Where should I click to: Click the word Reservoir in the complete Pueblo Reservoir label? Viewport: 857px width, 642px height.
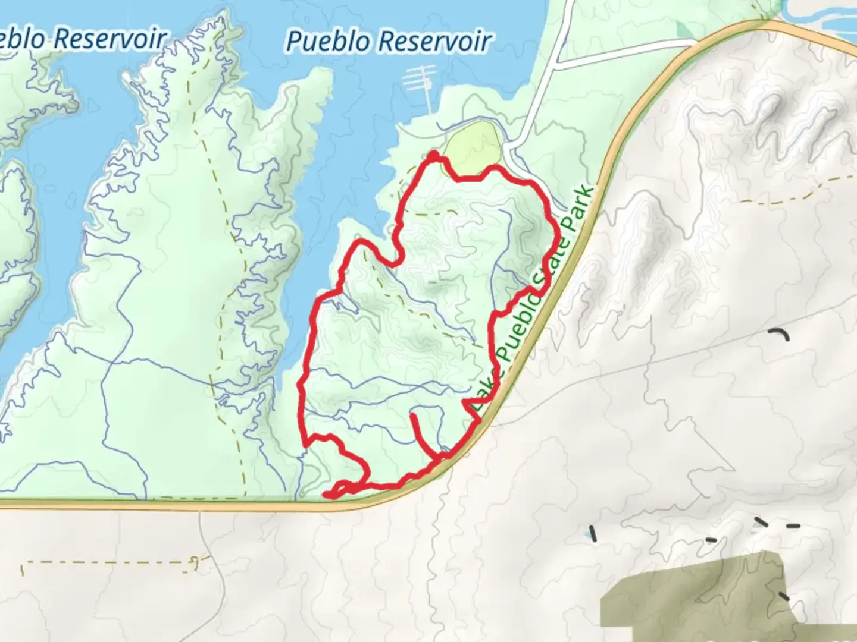[x=434, y=42]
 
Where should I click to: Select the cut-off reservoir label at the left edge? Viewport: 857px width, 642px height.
[x=83, y=39]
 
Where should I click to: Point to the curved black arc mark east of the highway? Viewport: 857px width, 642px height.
[x=780, y=334]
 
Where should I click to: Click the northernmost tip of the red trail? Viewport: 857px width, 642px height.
[x=434, y=155]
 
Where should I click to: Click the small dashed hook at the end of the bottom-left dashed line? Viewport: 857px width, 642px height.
[x=195, y=562]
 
